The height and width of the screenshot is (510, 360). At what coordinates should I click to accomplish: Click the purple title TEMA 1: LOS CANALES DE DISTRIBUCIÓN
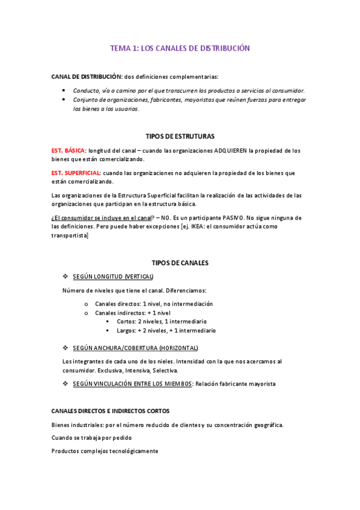[180, 48]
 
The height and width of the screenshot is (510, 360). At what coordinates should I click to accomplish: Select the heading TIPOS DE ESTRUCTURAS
[180, 137]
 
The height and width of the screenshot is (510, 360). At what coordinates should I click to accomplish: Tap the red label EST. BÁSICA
[69, 150]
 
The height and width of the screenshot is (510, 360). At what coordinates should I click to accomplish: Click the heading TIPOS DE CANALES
[180, 263]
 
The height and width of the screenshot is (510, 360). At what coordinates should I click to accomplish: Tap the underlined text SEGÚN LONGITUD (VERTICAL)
[113, 276]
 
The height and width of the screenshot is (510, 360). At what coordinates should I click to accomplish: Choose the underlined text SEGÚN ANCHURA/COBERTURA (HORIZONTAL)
[135, 348]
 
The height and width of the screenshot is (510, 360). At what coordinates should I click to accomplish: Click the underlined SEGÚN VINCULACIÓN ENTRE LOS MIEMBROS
[132, 384]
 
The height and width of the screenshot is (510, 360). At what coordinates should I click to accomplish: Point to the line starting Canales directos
[154, 304]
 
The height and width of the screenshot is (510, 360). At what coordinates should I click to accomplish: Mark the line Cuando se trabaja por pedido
[91, 437]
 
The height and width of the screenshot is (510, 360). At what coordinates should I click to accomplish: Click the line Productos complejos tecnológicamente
[105, 450]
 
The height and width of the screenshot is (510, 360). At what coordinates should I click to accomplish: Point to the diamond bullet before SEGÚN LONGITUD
[65, 276]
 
